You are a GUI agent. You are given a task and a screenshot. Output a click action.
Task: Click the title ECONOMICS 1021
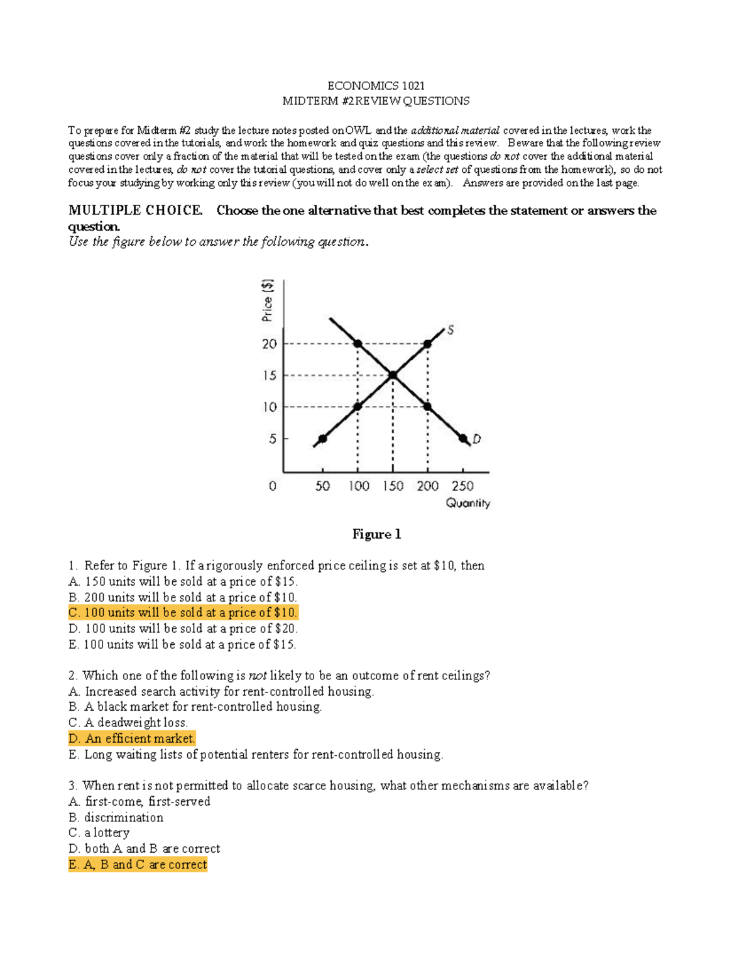click(x=376, y=85)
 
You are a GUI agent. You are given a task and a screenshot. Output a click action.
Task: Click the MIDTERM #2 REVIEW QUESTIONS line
click(x=376, y=101)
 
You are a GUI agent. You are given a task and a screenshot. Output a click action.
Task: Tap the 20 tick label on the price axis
click(x=270, y=344)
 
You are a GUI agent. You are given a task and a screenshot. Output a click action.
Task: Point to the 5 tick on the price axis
click(x=273, y=439)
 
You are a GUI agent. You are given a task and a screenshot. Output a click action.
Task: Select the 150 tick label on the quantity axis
click(x=393, y=486)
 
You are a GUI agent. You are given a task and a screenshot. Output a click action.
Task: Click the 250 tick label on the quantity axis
click(x=462, y=486)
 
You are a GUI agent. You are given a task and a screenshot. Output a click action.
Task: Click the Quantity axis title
click(x=467, y=503)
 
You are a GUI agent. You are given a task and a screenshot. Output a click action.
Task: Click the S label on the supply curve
click(x=450, y=330)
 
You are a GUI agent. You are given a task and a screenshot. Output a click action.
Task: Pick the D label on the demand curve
click(x=476, y=439)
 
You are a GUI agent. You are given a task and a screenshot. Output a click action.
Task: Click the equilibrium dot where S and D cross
click(x=393, y=375)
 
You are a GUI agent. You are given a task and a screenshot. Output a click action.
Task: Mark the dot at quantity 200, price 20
click(x=428, y=344)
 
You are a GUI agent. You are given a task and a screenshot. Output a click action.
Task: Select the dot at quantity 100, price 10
click(x=358, y=407)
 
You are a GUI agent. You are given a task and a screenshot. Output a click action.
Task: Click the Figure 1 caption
click(x=376, y=534)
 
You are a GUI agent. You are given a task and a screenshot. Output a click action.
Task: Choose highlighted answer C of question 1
click(x=183, y=613)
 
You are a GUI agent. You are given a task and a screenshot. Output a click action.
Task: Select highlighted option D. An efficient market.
click(x=132, y=738)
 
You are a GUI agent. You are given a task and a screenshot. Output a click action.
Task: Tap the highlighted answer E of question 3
click(x=138, y=865)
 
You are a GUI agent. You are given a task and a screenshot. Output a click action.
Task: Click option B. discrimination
click(x=116, y=818)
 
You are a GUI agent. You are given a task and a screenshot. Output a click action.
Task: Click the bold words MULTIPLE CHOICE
click(x=136, y=211)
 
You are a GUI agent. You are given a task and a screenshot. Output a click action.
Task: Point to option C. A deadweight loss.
click(x=128, y=723)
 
